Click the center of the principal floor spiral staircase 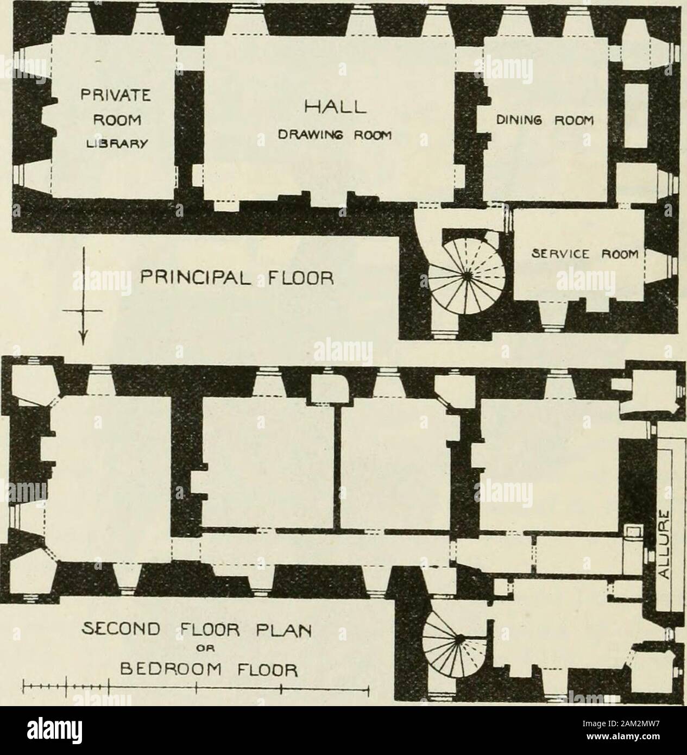point(465,276)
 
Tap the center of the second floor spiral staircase point(460,641)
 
